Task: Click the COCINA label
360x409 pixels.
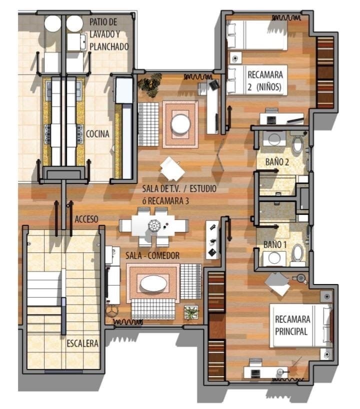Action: point(97,134)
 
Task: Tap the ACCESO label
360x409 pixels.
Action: point(86,219)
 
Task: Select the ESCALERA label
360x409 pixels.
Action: point(82,343)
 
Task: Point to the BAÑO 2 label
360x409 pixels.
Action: point(277,162)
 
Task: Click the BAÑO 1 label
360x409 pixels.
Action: point(275,244)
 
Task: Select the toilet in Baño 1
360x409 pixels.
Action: point(297,253)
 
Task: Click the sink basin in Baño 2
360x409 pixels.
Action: point(274,139)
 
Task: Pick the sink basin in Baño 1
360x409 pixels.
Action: point(274,257)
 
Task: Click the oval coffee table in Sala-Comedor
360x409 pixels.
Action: point(153,283)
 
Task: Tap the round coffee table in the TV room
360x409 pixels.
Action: point(180,124)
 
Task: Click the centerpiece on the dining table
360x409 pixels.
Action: point(154,225)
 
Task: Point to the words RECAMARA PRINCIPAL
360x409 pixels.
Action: point(292,325)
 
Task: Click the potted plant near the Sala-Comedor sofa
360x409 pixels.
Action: point(191,312)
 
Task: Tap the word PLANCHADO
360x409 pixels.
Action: point(109,46)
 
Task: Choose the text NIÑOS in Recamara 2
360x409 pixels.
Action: point(268,87)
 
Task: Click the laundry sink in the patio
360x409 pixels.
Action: point(76,41)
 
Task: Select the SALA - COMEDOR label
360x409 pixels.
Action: point(152,255)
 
